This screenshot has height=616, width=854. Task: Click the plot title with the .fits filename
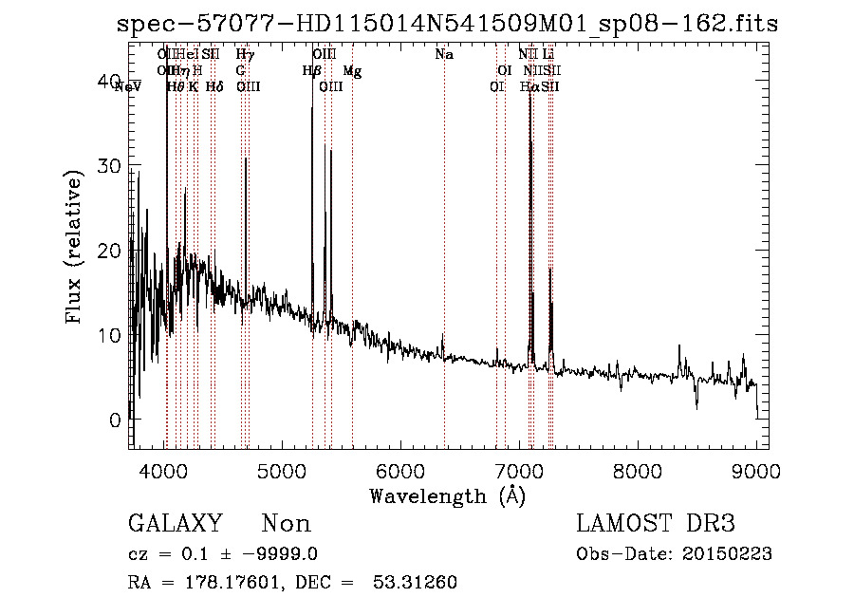click(447, 25)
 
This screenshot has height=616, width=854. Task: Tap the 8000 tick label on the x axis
click(638, 468)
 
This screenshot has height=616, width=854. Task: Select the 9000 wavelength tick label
click(755, 468)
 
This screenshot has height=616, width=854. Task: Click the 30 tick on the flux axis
click(110, 165)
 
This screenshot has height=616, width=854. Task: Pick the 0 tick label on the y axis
click(115, 420)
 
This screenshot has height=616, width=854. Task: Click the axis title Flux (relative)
click(74, 248)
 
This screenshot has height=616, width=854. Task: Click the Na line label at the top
click(443, 55)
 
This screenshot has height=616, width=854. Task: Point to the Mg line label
click(352, 71)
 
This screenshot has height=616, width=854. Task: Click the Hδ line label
click(213, 87)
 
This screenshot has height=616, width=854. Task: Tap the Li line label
click(548, 55)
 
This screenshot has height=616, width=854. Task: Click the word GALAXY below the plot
click(176, 524)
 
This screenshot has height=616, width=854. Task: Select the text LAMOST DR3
click(656, 524)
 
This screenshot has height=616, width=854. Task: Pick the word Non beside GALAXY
click(286, 524)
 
